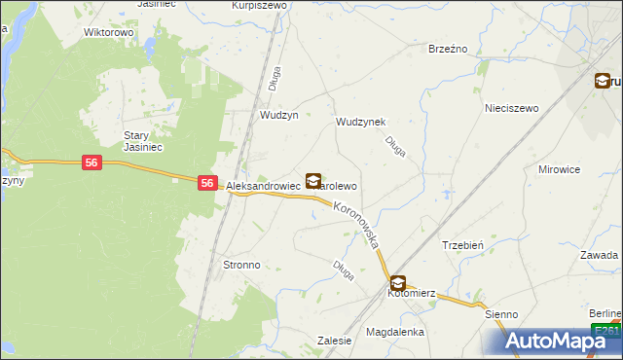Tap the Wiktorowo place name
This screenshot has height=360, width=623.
[108, 32]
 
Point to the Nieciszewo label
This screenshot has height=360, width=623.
[512, 109]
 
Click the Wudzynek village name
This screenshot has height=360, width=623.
[360, 123]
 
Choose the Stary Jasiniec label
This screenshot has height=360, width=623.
[141, 141]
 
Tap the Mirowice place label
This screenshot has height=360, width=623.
[559, 168]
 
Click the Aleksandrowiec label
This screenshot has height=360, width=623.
[263, 185]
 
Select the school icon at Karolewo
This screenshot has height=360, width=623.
[312, 181]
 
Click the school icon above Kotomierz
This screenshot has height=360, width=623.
[397, 282]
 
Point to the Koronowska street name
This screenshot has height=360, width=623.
[355, 224]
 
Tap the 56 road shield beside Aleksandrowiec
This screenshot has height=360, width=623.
[207, 182]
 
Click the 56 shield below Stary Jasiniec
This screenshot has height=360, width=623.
[91, 162]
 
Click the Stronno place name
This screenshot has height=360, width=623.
[241, 265]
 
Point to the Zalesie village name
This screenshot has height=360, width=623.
[334, 341]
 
